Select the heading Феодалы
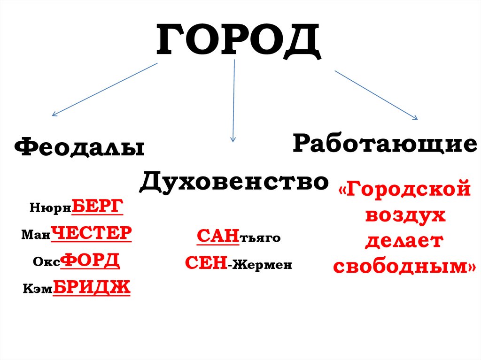[79, 148]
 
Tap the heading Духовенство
[233, 181]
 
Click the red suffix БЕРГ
[97, 207]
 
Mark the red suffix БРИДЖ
[92, 287]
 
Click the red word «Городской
[403, 191]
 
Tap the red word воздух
[404, 216]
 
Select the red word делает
[404, 241]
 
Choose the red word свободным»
[404, 267]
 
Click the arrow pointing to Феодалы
[104, 89]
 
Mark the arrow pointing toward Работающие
[376, 95]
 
